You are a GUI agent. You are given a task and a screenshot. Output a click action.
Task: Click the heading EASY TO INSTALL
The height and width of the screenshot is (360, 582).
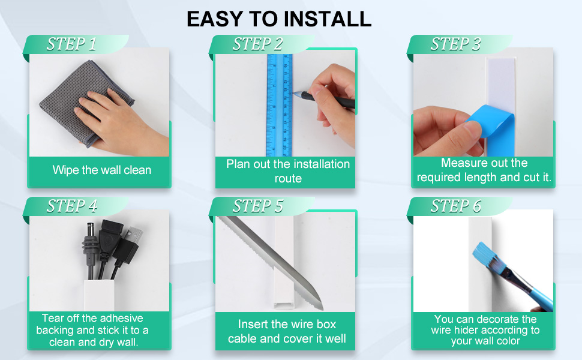[278, 19]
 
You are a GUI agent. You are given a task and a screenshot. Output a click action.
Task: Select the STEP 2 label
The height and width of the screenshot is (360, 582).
[257, 44]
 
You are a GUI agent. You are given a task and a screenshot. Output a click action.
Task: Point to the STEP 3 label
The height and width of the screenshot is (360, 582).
[455, 44]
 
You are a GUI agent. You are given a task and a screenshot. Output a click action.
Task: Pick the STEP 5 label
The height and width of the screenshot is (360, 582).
[257, 206]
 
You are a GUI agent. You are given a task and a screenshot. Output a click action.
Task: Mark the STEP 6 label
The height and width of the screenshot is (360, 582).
[455, 206]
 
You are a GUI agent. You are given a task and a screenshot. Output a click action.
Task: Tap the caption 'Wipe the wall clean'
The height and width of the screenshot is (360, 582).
[101, 170]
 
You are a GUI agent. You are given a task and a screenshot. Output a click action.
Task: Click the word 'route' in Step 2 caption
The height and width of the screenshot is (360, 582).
[288, 179]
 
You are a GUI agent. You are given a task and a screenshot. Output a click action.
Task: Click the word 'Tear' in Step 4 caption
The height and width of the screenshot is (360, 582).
[52, 318]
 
